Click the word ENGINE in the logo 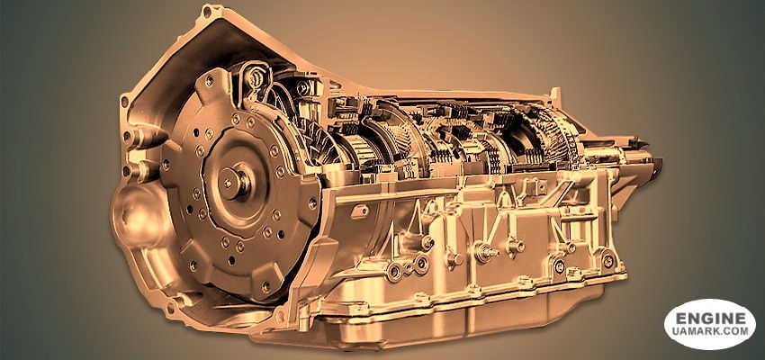[710, 319]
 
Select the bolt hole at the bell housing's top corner [207, 11]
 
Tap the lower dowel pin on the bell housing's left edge [138, 170]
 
